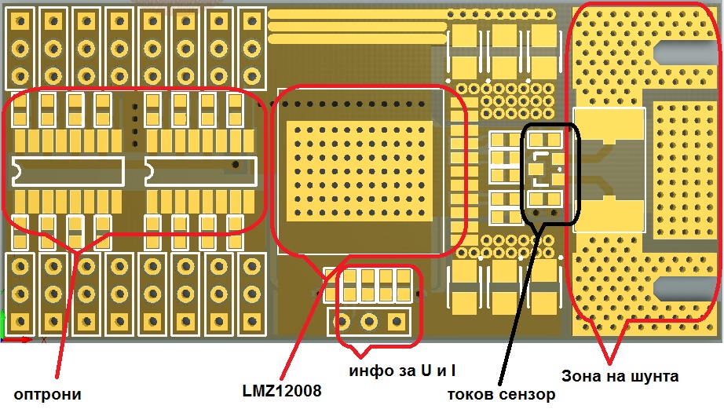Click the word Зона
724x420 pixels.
(582, 376)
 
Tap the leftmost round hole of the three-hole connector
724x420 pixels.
(343, 320)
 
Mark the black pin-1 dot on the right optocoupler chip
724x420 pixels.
(235, 166)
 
